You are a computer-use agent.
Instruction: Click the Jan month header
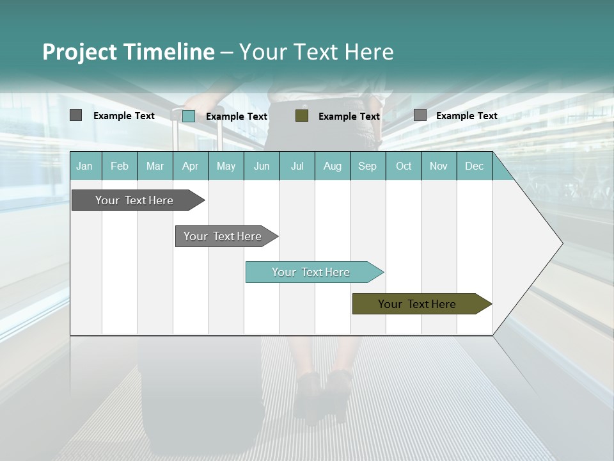tap(84, 166)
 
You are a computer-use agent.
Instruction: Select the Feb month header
tap(120, 166)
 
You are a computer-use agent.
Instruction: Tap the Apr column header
tap(190, 166)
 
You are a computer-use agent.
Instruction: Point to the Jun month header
tap(262, 166)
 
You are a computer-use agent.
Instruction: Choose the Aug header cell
tap(332, 166)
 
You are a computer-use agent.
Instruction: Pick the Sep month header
tap(367, 166)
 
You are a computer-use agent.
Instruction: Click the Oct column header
tap(404, 166)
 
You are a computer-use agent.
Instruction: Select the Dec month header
tap(474, 166)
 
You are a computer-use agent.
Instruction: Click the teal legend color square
tap(189, 116)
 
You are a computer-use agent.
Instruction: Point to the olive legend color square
tap(302, 115)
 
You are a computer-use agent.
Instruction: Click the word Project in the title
tap(79, 52)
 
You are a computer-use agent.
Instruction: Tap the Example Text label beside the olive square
tap(349, 116)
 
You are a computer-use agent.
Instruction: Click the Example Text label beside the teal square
tap(237, 116)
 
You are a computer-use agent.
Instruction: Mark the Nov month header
tap(439, 166)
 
